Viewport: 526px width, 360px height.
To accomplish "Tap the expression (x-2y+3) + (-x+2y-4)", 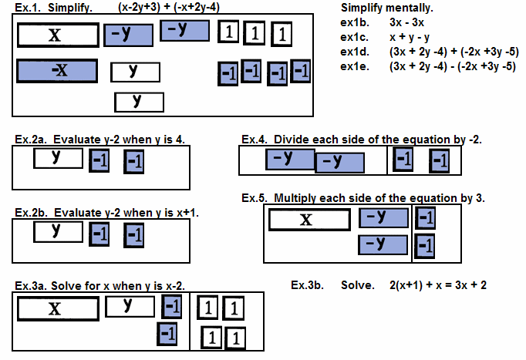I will coord(178,6).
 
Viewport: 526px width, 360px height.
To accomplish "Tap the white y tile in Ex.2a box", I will coord(58,157).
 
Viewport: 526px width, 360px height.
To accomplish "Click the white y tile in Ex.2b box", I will coord(58,230).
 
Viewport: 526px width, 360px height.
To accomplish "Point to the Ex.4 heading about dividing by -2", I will coord(362,140).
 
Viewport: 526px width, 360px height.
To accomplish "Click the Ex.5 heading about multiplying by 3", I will coord(363,198).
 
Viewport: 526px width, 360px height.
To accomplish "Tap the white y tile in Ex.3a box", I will coord(130,306).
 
